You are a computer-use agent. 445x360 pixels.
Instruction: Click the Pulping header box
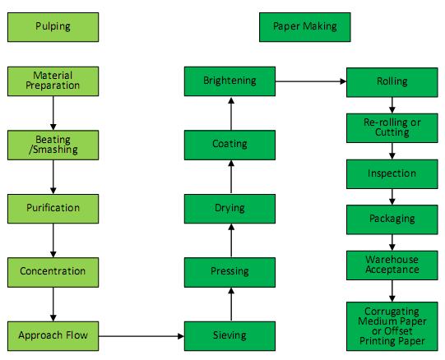[53, 27]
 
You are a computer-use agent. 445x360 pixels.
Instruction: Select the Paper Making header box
[305, 27]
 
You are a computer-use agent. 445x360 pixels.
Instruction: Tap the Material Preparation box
[53, 81]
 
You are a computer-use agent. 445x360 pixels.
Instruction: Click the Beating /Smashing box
[53, 145]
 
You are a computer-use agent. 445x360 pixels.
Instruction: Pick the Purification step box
[53, 209]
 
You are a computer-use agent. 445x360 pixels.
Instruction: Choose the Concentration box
[53, 272]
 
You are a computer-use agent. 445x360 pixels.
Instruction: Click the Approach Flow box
[53, 336]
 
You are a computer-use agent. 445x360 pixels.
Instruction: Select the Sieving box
[229, 336]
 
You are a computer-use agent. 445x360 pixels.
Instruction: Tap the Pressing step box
[229, 272]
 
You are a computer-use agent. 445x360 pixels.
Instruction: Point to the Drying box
[229, 209]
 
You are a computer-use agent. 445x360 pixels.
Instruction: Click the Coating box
[229, 145]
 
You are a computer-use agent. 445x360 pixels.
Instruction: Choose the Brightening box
[229, 81]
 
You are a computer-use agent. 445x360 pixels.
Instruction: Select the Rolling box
[392, 82]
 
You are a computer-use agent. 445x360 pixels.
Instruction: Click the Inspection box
[392, 174]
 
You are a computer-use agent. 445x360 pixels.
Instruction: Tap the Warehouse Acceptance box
[392, 265]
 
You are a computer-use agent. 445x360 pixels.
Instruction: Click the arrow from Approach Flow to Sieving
[141, 336]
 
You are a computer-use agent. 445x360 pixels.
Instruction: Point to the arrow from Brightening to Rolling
[311, 81]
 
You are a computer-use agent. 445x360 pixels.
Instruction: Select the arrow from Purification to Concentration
[53, 241]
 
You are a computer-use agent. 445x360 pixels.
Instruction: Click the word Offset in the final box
[398, 331]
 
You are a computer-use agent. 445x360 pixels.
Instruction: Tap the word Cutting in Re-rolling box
[392, 132]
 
